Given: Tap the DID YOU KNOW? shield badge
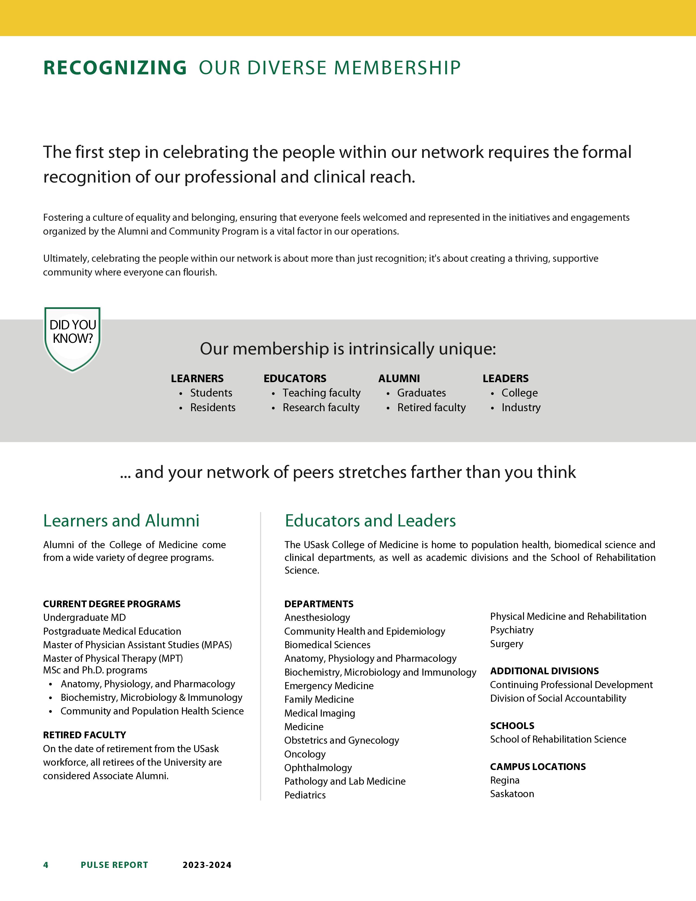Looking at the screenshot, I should tap(73, 338).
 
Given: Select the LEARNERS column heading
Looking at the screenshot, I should tap(197, 378).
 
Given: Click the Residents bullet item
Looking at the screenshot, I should tap(213, 408).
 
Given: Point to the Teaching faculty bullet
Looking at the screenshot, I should tap(321, 393).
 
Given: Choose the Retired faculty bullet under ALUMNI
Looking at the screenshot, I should tap(431, 408).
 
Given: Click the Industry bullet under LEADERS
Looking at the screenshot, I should tap(521, 408).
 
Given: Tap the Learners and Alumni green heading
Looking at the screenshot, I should tap(121, 521).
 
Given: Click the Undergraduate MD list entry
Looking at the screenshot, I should tap(85, 618).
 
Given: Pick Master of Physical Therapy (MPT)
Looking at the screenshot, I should tap(113, 659).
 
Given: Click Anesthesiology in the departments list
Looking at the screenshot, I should tap(317, 618).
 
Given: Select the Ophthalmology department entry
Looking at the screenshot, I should tap(318, 768).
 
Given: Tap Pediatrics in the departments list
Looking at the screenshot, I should tap(305, 795).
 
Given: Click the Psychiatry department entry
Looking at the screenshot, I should tap(512, 630).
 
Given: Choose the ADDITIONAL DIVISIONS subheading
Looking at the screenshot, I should tap(544, 671).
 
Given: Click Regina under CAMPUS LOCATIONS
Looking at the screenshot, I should tap(505, 780).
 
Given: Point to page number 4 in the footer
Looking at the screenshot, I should tap(46, 865).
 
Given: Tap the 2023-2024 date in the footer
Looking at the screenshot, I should tap(207, 865).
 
